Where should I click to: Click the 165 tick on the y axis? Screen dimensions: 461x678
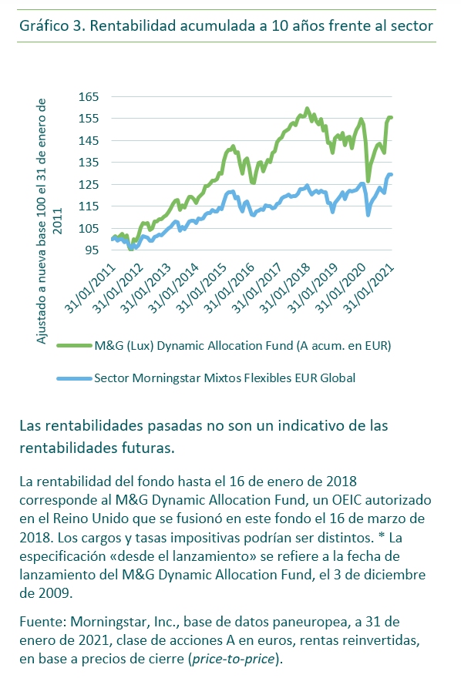pos(88,96)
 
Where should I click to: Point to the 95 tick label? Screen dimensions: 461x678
pos(91,250)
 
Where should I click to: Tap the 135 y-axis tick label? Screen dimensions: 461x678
pos(88,162)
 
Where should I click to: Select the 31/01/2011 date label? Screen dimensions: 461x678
pos(90,288)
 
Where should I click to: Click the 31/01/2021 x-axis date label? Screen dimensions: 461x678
pos(369,288)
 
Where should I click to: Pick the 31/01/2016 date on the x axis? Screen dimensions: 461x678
pos(230,288)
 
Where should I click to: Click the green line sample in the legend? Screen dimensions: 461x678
pos(74,345)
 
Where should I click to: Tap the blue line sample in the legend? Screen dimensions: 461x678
pos(74,378)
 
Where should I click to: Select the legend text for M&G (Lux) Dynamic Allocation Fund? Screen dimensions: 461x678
pos(243,346)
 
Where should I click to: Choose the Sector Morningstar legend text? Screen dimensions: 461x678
pos(225,378)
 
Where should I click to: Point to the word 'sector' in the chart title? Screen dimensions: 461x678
pos(412,26)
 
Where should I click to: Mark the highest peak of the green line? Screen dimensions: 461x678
pos(307,108)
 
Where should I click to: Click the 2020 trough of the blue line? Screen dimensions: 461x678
pos(368,214)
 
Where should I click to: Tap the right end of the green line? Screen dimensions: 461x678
pos(391,117)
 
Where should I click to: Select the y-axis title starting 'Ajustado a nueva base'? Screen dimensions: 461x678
pos(48,221)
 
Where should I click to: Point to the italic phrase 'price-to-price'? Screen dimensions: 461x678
pos(234,659)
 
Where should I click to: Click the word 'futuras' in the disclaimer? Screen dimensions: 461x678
pos(146,448)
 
